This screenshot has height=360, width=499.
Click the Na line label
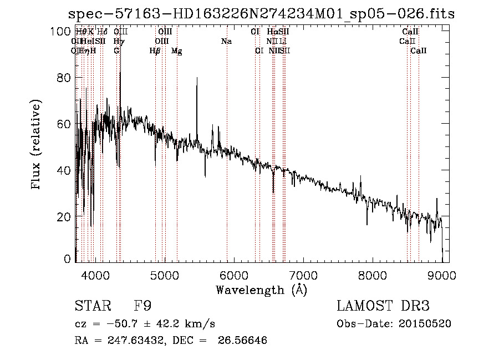click(226, 42)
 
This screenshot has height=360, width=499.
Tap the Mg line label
click(176, 51)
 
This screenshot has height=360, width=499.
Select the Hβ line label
click(155, 51)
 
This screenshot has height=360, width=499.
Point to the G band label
click(116, 51)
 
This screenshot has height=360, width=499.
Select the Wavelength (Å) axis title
click(261, 290)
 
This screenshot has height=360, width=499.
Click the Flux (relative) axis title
click(37, 145)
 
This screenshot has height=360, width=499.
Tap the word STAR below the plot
click(91, 307)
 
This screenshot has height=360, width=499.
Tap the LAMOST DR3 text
click(383, 307)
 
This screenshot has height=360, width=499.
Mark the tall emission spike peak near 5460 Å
click(197, 78)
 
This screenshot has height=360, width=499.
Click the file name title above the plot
click(261, 14)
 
